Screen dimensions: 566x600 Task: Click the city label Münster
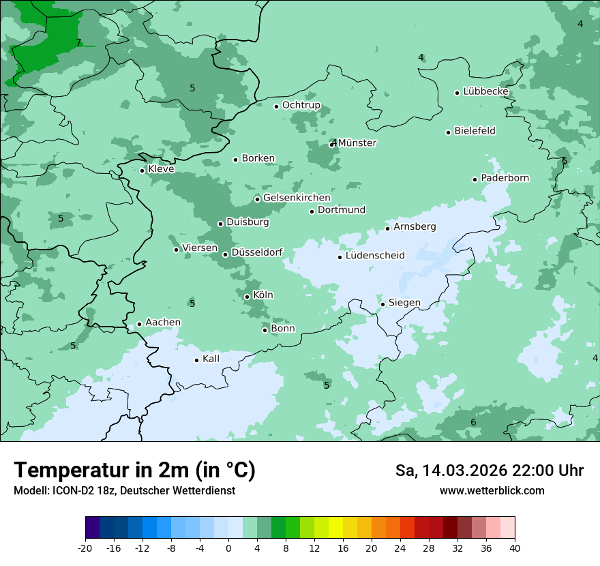(357, 143)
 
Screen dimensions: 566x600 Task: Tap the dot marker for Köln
(247, 297)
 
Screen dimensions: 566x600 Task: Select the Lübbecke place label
(485, 91)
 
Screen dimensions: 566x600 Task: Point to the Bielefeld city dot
(449, 132)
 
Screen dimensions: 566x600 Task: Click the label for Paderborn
(505, 178)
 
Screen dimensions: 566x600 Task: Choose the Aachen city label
(163, 323)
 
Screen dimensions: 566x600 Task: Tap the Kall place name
(211, 359)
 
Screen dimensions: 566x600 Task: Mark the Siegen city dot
(383, 304)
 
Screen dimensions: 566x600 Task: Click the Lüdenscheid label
(375, 256)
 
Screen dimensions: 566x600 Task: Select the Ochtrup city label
(301, 105)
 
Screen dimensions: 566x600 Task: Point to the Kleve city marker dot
(142, 170)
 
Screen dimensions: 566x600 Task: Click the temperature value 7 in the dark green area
(78, 42)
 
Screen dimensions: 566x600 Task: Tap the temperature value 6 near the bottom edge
(473, 423)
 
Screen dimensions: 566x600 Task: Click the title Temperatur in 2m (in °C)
(134, 470)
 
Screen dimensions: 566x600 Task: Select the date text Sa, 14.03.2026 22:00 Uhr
(489, 471)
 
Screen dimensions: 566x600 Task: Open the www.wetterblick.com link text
(492, 490)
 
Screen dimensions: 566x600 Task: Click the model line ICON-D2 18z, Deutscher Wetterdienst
(124, 490)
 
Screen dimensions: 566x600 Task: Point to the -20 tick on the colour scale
(85, 548)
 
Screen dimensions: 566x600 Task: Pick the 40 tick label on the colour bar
(515, 548)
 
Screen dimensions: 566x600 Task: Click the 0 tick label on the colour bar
(228, 548)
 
